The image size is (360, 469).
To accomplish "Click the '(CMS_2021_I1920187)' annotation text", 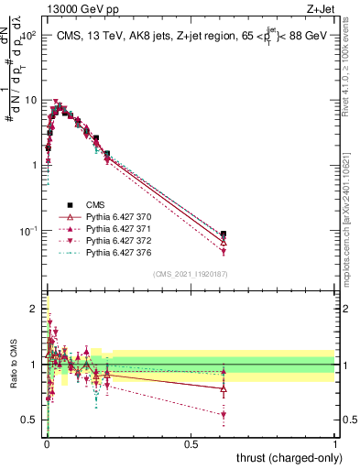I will (191, 274).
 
